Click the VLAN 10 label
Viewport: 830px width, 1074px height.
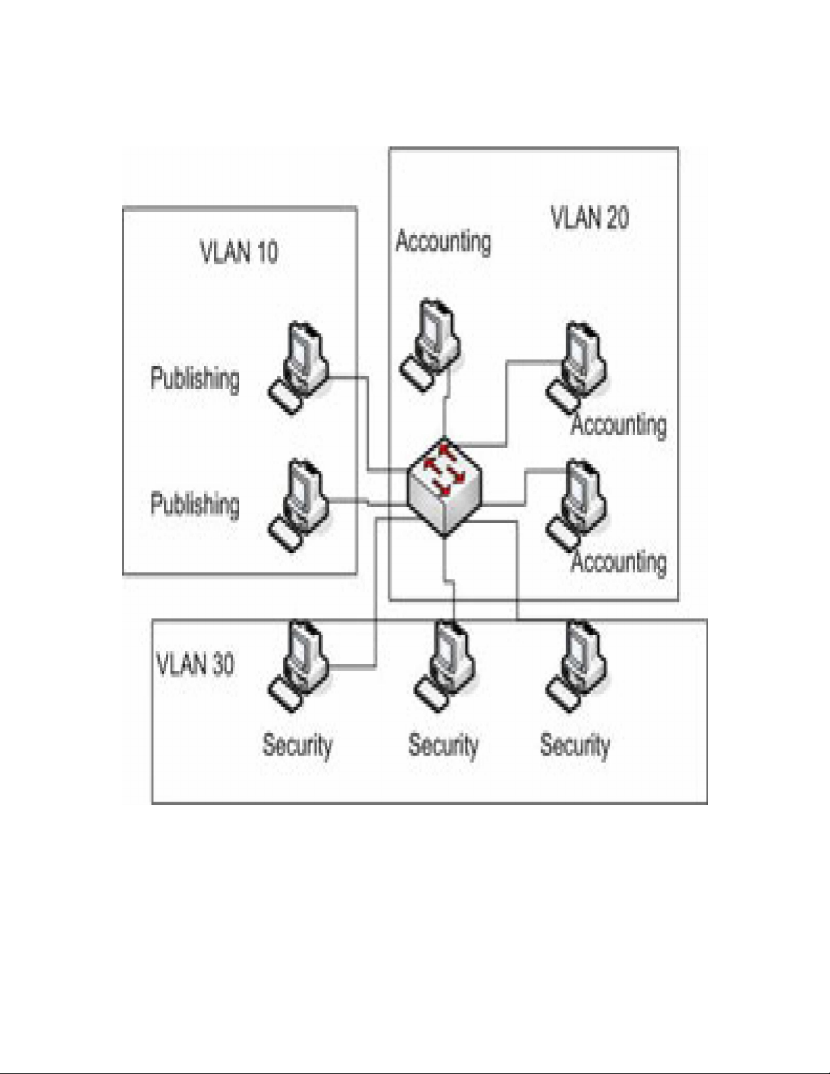(238, 252)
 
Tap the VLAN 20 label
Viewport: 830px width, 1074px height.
(589, 218)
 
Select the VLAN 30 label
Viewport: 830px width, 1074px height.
(195, 664)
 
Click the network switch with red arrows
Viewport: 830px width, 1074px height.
(444, 486)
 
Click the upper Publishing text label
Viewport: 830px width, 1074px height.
(195, 378)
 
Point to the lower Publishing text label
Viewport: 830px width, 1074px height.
(195, 504)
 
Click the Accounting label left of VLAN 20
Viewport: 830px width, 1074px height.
(443, 241)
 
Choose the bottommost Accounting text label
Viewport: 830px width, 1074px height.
(618, 562)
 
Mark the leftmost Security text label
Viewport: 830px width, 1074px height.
(297, 745)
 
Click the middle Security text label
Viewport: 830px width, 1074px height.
(443, 745)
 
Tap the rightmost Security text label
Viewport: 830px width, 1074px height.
(575, 745)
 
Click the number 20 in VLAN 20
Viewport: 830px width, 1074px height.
(615, 218)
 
